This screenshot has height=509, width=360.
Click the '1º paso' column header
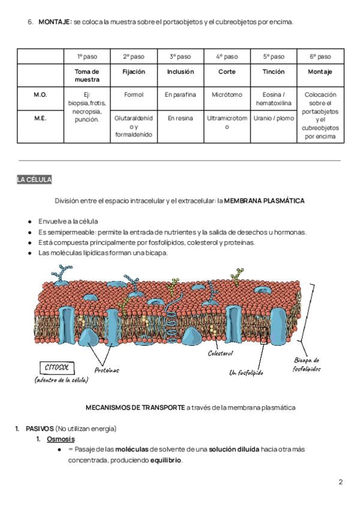click(x=87, y=56)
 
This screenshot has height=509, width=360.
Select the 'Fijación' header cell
click(x=133, y=71)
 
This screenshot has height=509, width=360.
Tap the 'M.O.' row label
click(x=40, y=95)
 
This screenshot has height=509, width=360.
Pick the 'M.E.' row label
click(x=40, y=118)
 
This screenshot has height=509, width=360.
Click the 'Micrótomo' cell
click(x=227, y=95)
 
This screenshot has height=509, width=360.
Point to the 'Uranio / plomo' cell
click(x=274, y=118)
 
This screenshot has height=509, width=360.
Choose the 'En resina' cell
click(x=180, y=118)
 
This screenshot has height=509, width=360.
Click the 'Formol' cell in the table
click(x=133, y=95)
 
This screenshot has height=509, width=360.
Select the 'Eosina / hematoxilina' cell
click(x=274, y=99)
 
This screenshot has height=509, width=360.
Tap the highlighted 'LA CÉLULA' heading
click(x=34, y=179)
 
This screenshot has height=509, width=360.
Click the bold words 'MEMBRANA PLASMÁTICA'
click(x=264, y=200)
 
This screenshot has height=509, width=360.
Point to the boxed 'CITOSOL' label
click(x=58, y=367)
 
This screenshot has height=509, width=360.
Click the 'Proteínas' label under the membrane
click(x=107, y=370)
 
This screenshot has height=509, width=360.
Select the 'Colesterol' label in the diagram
click(x=220, y=354)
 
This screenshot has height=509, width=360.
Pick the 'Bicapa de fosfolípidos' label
click(x=307, y=364)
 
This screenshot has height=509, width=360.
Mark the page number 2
click(x=340, y=482)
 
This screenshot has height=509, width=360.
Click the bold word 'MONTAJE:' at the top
click(x=55, y=22)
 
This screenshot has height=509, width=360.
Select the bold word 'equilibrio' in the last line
click(x=165, y=460)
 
